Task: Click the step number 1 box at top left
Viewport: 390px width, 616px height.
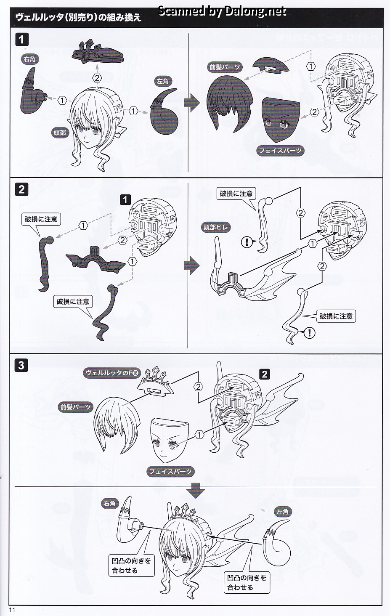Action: point(21,40)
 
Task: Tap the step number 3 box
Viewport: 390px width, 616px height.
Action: point(21,365)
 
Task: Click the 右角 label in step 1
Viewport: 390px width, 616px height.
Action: point(29,59)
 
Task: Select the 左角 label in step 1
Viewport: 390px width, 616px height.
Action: point(162,82)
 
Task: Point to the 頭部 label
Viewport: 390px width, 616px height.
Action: point(60,133)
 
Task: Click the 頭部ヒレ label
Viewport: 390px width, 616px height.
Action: point(216,228)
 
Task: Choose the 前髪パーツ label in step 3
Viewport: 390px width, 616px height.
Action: point(75,407)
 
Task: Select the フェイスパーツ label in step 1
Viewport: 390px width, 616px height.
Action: point(280,150)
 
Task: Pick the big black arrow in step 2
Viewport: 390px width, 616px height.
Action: point(192,266)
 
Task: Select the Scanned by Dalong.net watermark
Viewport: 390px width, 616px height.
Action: point(222,11)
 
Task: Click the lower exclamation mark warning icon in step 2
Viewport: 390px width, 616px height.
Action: point(309,333)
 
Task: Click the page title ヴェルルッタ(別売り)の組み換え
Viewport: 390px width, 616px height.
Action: point(78,17)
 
